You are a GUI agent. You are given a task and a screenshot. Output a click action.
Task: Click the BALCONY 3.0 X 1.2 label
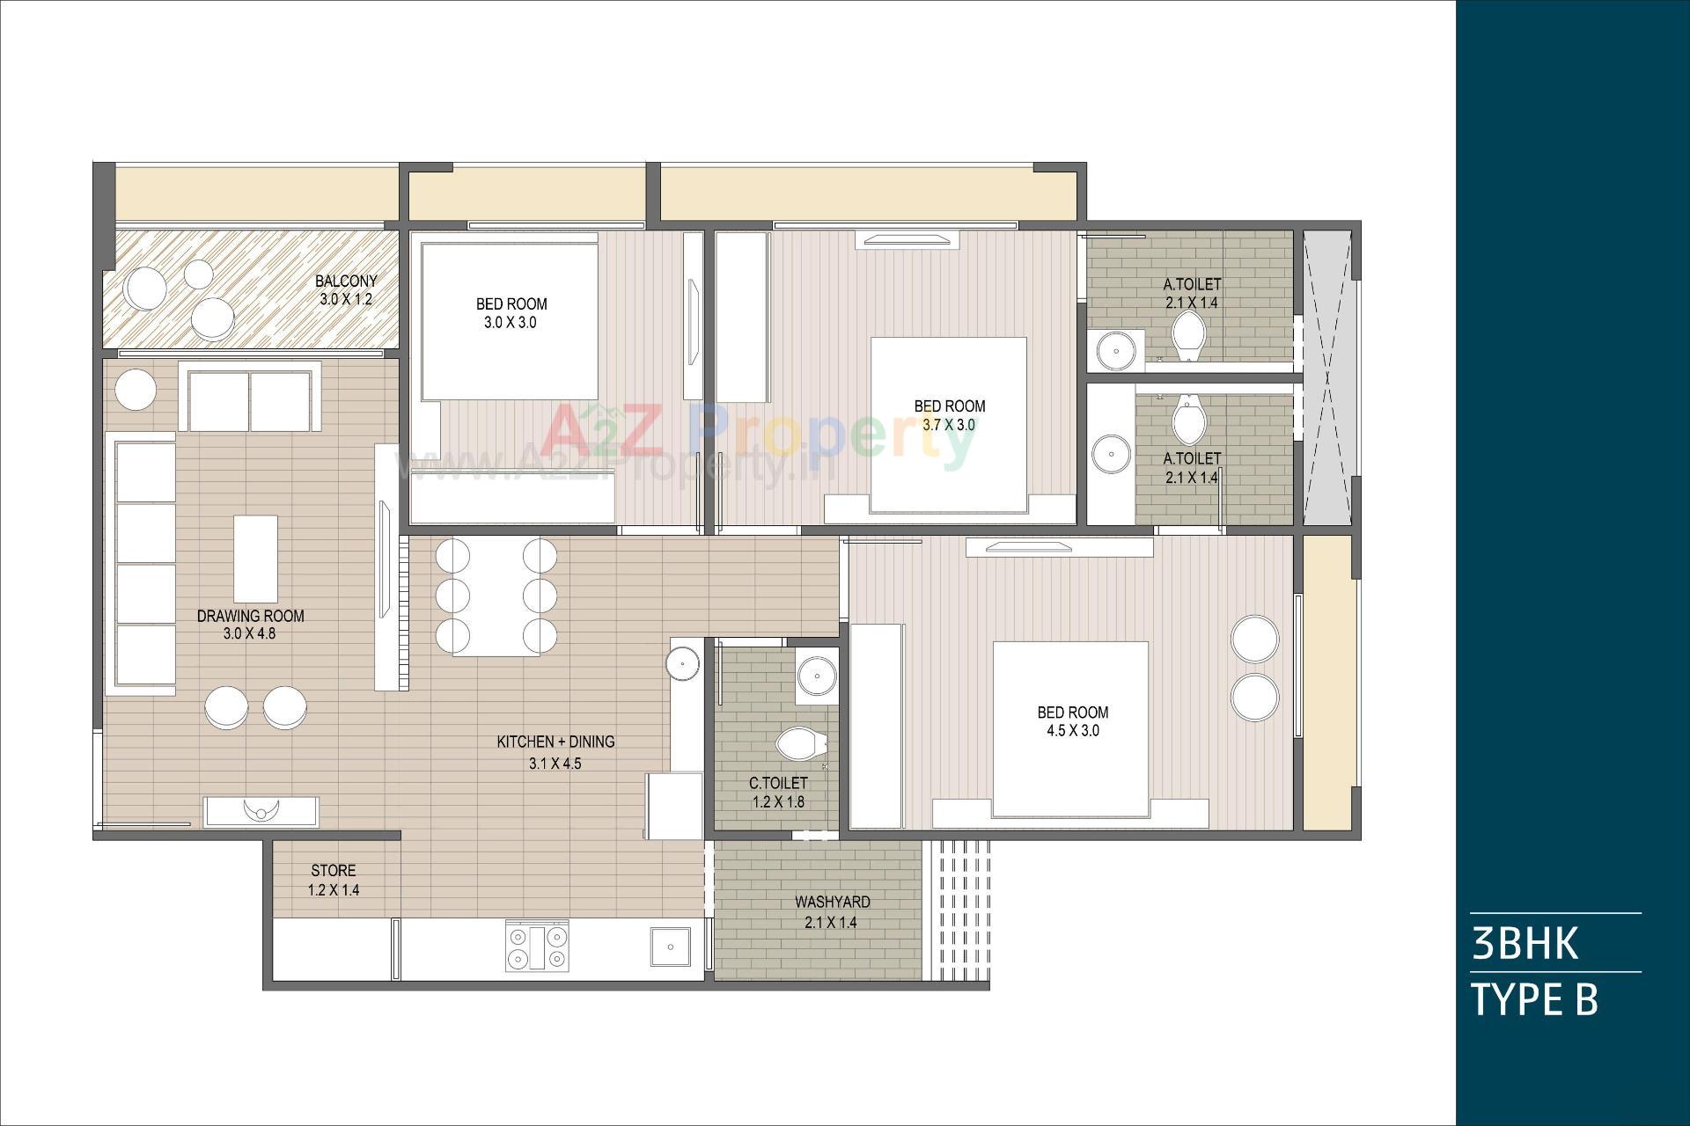pos(346,289)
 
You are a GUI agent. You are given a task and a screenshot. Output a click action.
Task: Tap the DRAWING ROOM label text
pos(250,616)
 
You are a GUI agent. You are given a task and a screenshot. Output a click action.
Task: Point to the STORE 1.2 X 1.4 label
pos(333,880)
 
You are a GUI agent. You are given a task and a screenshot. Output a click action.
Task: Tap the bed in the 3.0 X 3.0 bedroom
pos(509,321)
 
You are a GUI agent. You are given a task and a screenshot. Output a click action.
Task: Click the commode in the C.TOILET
pos(801,743)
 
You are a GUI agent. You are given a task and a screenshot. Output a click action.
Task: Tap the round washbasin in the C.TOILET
pos(818,676)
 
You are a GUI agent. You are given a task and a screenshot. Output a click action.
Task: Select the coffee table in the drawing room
pos(255,558)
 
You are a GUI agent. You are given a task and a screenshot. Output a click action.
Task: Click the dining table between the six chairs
pos(496,598)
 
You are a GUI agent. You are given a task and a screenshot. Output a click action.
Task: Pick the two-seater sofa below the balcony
pos(250,400)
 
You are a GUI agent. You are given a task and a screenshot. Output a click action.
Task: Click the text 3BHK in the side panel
pos(1525,942)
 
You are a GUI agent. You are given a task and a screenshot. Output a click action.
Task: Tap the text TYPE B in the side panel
pos(1533,1000)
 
